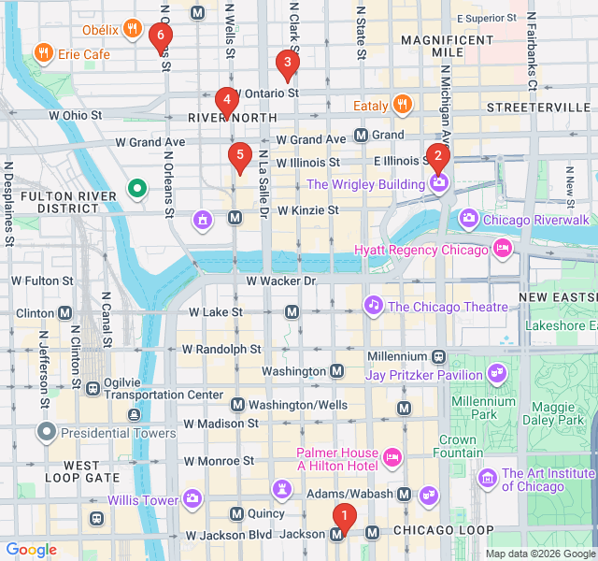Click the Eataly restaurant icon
(x=403, y=105)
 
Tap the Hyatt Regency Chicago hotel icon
(x=502, y=250)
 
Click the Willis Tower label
(x=142, y=500)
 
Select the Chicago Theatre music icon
(x=373, y=306)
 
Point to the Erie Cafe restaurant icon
(x=42, y=53)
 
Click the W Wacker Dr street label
(x=281, y=280)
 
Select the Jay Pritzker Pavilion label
(x=424, y=375)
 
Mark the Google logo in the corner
(x=31, y=550)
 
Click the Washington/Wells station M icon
(x=237, y=405)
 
